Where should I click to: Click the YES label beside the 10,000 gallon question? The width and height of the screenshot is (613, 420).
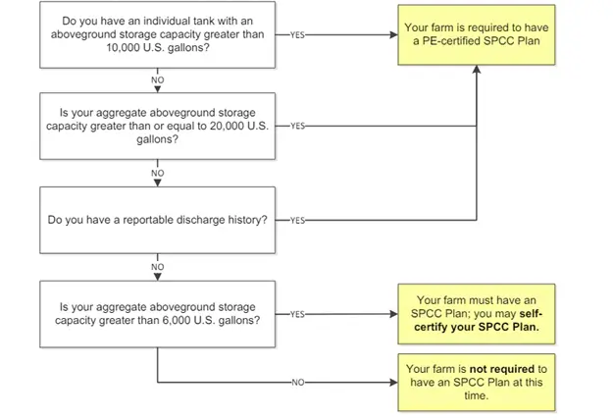(x=297, y=33)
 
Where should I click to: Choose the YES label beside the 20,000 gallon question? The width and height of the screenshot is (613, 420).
(x=297, y=126)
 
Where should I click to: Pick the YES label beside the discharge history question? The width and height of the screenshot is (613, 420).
(x=297, y=219)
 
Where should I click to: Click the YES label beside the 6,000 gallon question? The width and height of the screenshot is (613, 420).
(x=297, y=314)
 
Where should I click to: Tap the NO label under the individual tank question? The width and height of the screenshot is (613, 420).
(x=158, y=78)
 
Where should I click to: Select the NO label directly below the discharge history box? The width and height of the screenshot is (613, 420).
(x=158, y=265)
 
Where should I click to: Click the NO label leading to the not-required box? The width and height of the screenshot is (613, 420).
(x=297, y=381)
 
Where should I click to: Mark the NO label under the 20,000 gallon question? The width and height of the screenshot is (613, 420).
(x=158, y=173)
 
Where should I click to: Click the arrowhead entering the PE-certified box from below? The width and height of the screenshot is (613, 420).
(x=477, y=72)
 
